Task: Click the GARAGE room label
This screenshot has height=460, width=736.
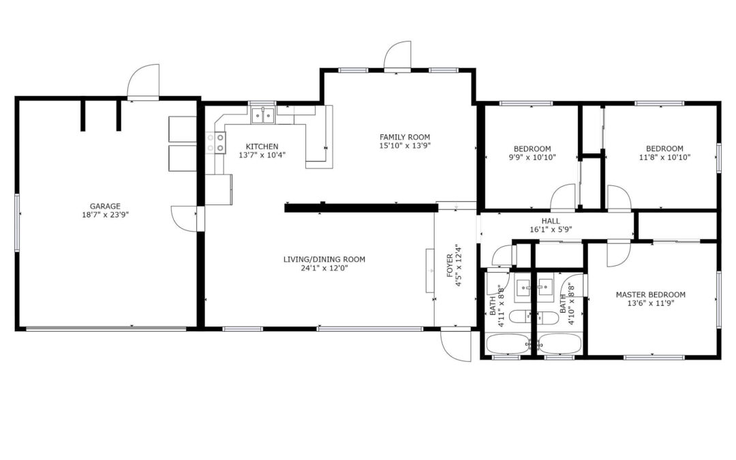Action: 105,206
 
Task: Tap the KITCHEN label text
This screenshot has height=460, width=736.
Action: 262,147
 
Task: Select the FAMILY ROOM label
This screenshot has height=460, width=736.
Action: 405,137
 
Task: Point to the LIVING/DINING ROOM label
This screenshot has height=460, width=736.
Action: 324,259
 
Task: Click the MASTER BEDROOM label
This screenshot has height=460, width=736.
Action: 651,295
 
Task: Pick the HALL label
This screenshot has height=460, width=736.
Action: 551,221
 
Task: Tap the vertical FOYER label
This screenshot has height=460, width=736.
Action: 450,266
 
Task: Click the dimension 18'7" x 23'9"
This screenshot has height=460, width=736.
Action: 105,215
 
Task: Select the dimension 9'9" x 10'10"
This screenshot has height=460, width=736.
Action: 532,157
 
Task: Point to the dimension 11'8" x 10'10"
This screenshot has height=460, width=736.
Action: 664,157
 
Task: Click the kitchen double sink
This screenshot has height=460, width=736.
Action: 262,115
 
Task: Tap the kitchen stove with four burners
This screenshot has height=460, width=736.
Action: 215,142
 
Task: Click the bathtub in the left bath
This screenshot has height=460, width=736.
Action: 508,344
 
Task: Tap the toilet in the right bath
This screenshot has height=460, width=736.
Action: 548,318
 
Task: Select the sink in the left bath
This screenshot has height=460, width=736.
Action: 523,290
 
